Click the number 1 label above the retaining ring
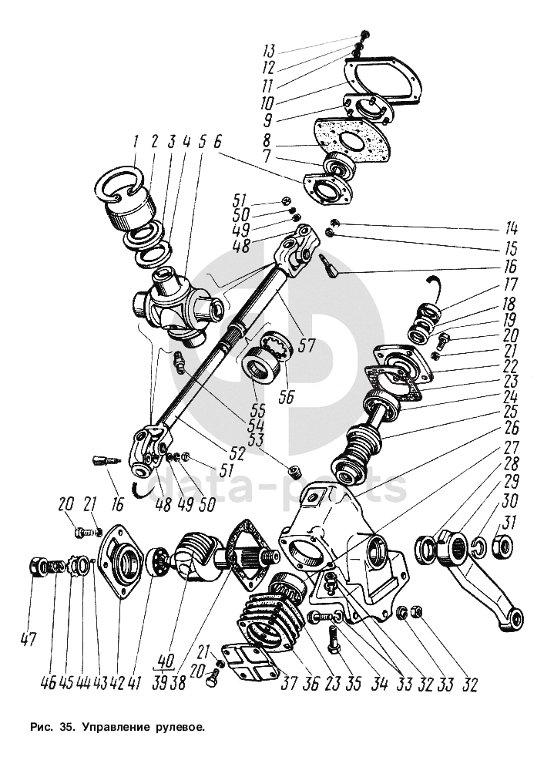pyautogui.click(x=136, y=142)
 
